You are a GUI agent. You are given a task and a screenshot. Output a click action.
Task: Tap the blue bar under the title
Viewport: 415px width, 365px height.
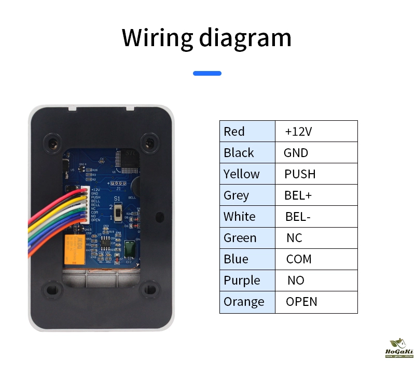point(207,74)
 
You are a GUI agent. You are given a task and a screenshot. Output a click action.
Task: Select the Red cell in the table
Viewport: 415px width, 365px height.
point(247,131)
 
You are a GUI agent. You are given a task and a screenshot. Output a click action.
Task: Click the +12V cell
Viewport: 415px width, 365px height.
point(316,131)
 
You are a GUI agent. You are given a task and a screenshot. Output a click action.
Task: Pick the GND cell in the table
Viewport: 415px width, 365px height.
point(316,152)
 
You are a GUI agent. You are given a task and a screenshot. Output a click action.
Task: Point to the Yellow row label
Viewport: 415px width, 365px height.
point(247,174)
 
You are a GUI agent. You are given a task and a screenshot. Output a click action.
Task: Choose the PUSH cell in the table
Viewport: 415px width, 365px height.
point(316,174)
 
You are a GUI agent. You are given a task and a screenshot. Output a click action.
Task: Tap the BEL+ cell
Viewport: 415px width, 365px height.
point(316,195)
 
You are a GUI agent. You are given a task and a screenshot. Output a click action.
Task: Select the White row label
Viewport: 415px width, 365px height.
point(247,216)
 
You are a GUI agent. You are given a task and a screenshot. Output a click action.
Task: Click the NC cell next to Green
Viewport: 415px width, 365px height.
point(316,238)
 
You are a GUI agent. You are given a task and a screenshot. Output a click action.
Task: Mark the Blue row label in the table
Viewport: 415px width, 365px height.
point(247,259)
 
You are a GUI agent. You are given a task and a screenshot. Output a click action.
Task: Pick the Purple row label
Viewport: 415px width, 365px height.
point(247,280)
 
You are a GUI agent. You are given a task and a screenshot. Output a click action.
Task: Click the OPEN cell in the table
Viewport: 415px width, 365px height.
point(316,302)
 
